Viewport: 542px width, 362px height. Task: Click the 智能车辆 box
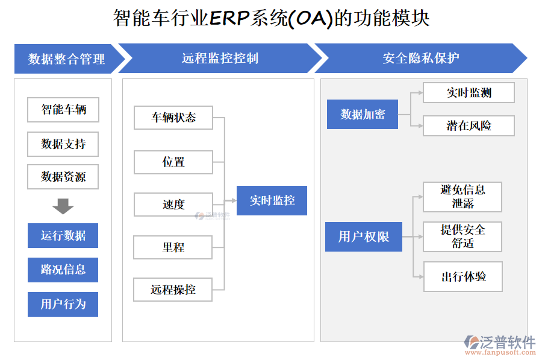click(63, 110)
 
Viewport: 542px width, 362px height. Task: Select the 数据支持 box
click(63, 144)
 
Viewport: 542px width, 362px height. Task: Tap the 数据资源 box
click(63, 177)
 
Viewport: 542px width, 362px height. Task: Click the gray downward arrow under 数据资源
click(63, 206)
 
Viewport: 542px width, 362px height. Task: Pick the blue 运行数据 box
click(63, 235)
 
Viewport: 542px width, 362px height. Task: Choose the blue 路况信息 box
click(63, 270)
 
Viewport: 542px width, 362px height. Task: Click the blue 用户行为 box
click(63, 304)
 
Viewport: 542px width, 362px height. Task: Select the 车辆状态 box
click(173, 118)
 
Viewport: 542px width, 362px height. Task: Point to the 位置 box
click(173, 162)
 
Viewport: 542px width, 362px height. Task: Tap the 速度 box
click(173, 205)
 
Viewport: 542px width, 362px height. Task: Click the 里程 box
click(173, 247)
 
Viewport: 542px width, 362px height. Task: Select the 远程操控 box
click(173, 290)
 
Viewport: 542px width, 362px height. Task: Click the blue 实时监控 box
click(272, 200)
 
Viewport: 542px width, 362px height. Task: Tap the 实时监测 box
click(469, 92)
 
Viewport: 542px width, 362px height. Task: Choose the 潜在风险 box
click(469, 125)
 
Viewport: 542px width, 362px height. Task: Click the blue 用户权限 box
click(364, 237)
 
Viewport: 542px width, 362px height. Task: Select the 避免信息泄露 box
click(463, 197)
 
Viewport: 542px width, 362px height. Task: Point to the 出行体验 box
click(463, 277)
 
